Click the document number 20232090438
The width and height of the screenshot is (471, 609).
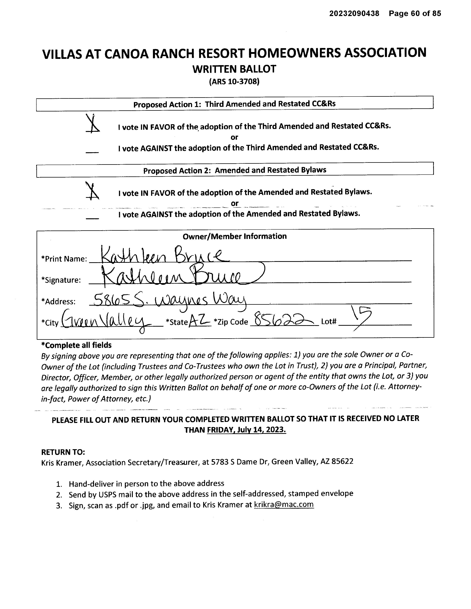tap(354, 13)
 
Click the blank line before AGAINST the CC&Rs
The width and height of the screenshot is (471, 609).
tap(92, 152)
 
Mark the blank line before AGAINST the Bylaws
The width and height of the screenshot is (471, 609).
tap(92, 218)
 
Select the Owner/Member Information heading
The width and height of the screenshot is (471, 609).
tap(234, 236)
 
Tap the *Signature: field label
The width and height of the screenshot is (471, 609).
tap(61, 280)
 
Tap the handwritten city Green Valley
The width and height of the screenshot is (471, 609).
tap(107, 321)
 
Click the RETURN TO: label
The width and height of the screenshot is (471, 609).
tap(63, 452)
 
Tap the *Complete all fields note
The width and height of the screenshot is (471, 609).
tap(76, 345)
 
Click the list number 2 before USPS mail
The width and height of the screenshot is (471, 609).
tap(59, 495)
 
